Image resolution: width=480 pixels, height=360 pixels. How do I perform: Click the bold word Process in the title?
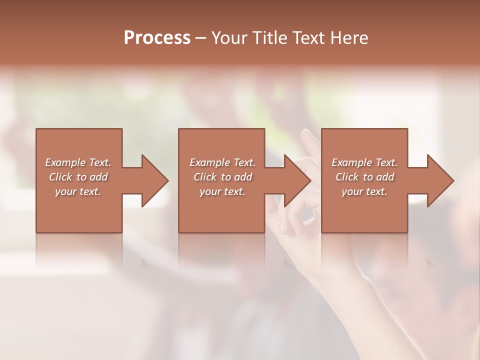[x=157, y=38]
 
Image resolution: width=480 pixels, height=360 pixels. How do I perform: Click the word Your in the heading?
[x=230, y=38]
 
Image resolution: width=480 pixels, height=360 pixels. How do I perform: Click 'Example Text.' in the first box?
[x=78, y=162]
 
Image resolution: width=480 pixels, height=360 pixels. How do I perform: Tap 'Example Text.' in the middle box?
[x=222, y=162]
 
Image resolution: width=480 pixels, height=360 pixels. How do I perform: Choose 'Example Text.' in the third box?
[x=364, y=162]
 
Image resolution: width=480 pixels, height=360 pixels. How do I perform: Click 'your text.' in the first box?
[x=78, y=191]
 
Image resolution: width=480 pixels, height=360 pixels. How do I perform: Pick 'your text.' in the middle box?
[x=222, y=191]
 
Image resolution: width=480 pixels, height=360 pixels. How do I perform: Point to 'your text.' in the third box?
[x=364, y=191]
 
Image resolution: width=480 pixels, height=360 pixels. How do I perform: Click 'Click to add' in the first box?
[x=78, y=177]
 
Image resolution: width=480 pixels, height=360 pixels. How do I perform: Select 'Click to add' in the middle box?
[x=222, y=177]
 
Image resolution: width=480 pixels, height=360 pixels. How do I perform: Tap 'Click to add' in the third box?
[x=364, y=177]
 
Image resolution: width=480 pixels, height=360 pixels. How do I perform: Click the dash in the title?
[x=201, y=38]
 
